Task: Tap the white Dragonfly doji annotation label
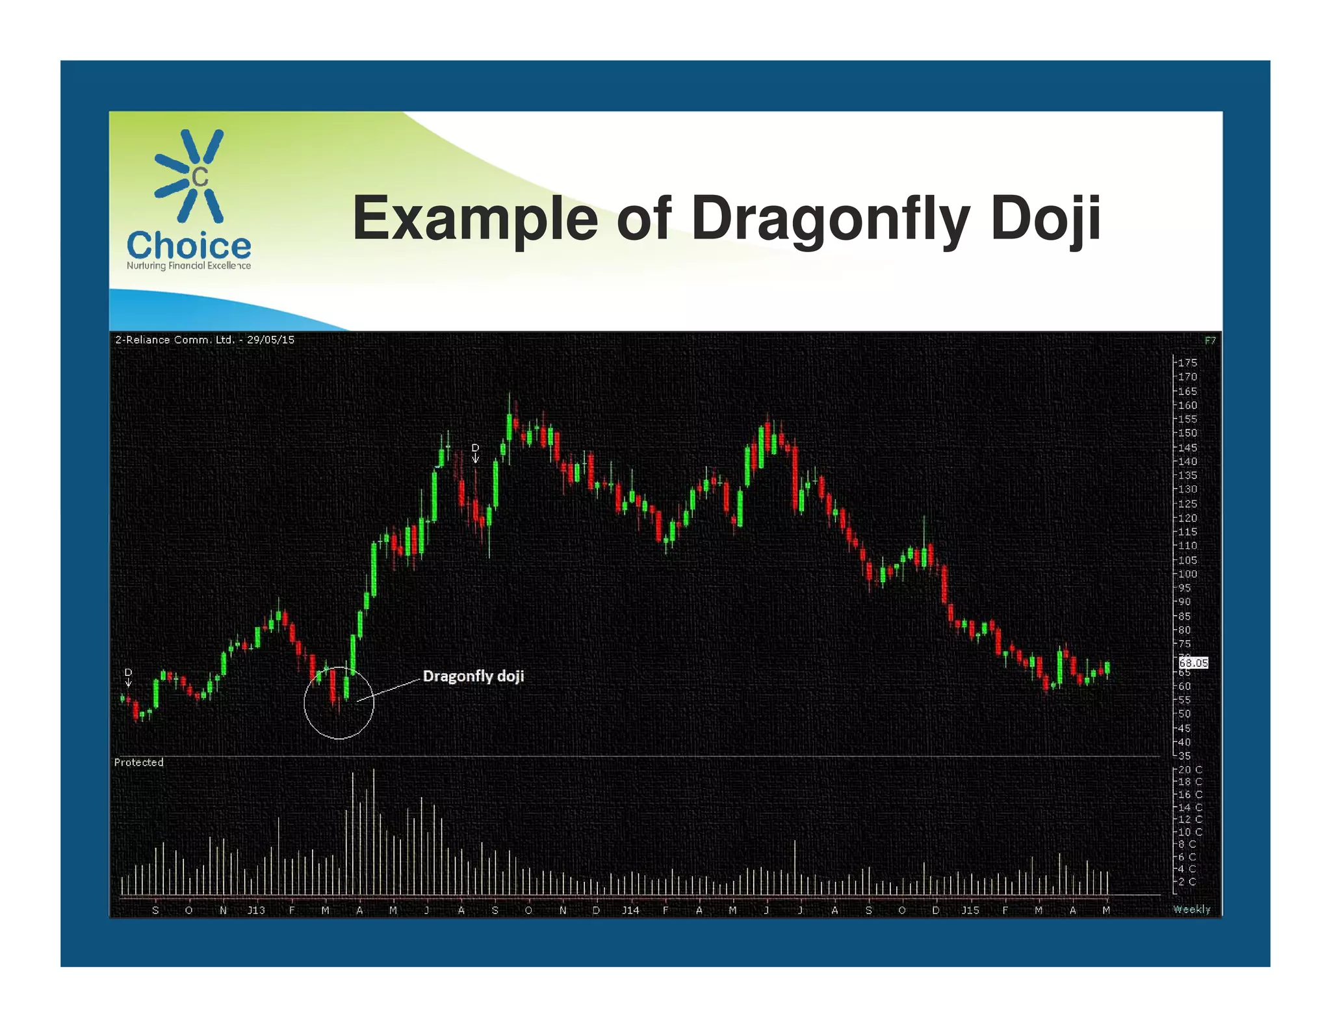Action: point(473,676)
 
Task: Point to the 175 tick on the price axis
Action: point(1187,363)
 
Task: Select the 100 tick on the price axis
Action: point(1187,574)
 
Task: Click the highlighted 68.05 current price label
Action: point(1193,663)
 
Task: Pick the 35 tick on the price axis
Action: point(1185,756)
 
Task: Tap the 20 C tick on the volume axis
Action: point(1190,769)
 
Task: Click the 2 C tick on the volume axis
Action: point(1187,882)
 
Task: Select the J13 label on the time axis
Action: point(256,910)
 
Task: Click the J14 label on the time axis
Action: point(630,910)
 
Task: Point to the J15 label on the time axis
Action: point(970,910)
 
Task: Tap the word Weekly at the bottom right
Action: point(1191,910)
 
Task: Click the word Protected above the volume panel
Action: point(138,762)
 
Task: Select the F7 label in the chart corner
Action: point(1210,341)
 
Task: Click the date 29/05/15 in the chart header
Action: point(270,340)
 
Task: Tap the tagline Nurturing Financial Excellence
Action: point(188,266)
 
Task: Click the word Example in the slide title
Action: point(474,218)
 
